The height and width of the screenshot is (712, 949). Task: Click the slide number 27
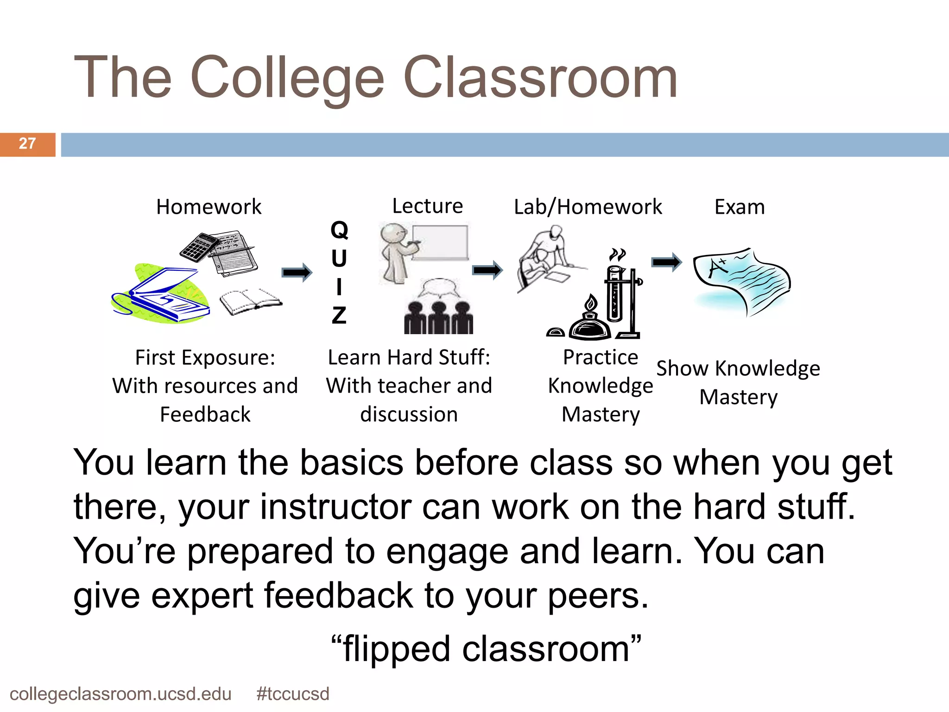coord(27,144)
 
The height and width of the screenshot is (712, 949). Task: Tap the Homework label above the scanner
coord(209,207)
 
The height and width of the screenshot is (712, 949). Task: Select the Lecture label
coord(427,206)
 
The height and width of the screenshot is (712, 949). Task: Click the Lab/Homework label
coord(588,207)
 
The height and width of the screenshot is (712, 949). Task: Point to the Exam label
coord(740,207)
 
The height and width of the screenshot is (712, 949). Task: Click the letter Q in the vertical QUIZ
coord(339,230)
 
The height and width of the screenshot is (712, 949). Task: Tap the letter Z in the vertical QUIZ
coord(339,315)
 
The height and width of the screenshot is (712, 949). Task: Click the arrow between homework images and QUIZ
coord(297,272)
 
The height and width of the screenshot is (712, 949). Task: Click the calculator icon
coord(198,247)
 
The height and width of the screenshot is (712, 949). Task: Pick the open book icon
coord(250,301)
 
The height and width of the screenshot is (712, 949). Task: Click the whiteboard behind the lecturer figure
coord(440,242)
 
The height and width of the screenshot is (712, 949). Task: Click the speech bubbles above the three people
coord(439,288)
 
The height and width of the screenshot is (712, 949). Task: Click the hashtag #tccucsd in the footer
coord(292,694)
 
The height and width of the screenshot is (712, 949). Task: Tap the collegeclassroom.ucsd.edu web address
coord(120,694)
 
